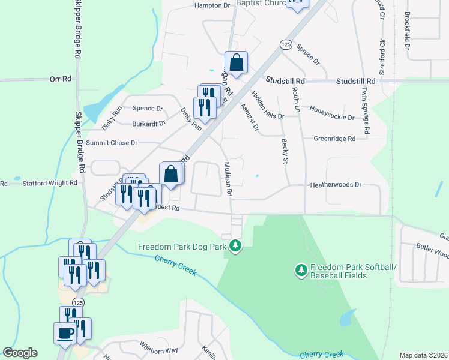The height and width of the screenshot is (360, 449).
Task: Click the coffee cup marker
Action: [x=65, y=332]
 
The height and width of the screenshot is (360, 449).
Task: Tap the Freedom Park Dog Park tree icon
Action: [x=236, y=245]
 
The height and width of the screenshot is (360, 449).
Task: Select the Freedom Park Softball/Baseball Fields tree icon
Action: [x=301, y=271]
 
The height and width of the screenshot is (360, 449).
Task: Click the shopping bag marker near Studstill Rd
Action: [x=237, y=62]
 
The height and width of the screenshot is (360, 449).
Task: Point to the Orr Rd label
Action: [x=61, y=79]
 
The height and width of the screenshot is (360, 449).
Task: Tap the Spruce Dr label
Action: [x=308, y=54]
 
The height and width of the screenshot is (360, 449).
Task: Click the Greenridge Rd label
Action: [x=334, y=138]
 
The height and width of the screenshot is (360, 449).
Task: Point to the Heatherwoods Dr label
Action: [x=336, y=185]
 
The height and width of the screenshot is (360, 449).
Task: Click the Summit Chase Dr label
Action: [x=112, y=143]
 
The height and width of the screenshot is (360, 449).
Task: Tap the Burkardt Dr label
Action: [x=149, y=124]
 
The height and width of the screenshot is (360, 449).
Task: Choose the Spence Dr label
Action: [x=148, y=109]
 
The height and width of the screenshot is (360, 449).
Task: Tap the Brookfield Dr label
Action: [x=408, y=30]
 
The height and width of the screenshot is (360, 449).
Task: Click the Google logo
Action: [x=20, y=353]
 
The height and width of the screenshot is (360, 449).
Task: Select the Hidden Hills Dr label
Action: [x=268, y=104]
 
